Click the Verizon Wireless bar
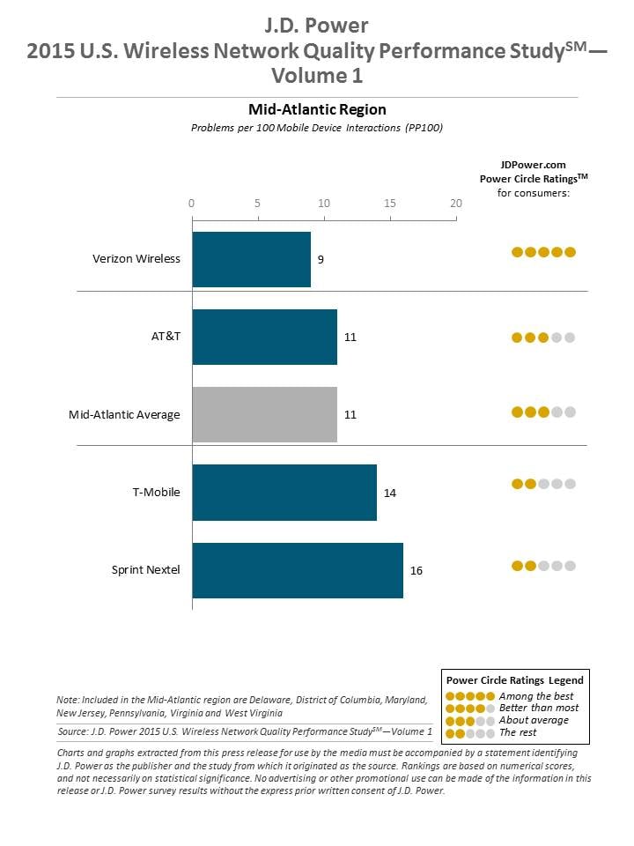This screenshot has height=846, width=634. tap(251, 259)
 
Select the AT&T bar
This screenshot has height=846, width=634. tap(264, 337)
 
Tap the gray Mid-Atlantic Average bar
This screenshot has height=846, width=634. tap(264, 414)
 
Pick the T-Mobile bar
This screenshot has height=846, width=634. tap(284, 492)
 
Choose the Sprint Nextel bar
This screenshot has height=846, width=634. tap(298, 569)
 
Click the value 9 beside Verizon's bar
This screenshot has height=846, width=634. tap(321, 259)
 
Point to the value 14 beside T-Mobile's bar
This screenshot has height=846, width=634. tap(390, 492)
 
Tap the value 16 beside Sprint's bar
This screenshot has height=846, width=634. tap(417, 570)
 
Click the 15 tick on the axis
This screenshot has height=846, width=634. tap(390, 203)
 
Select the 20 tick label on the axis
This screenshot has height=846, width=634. tap(456, 203)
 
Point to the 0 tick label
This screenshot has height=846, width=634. tap(192, 203)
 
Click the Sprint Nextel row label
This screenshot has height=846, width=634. tap(145, 569)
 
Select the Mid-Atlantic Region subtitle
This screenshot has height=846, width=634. tap(317, 110)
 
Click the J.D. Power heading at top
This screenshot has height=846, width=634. tap(317, 24)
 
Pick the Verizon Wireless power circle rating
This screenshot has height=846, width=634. tap(543, 252)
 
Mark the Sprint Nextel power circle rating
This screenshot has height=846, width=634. tap(543, 566)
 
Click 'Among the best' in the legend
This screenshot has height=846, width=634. tap(535, 696)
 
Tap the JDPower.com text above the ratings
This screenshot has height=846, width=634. tap(533, 164)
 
